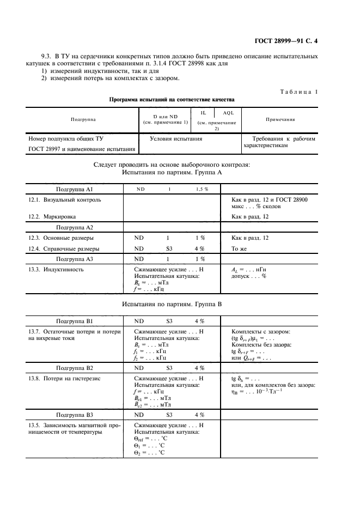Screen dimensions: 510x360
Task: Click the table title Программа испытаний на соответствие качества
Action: coord(172,100)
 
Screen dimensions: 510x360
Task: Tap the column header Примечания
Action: coord(280,119)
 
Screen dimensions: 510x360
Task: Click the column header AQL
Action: coord(228,113)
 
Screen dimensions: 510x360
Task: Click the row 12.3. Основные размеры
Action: coord(60,238)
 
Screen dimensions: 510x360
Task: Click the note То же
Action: coord(240,249)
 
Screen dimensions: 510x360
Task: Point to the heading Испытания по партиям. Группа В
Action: coord(172,304)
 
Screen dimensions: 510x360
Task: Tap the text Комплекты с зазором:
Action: coord(261,332)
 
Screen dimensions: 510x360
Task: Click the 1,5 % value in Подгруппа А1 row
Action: coord(202,189)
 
